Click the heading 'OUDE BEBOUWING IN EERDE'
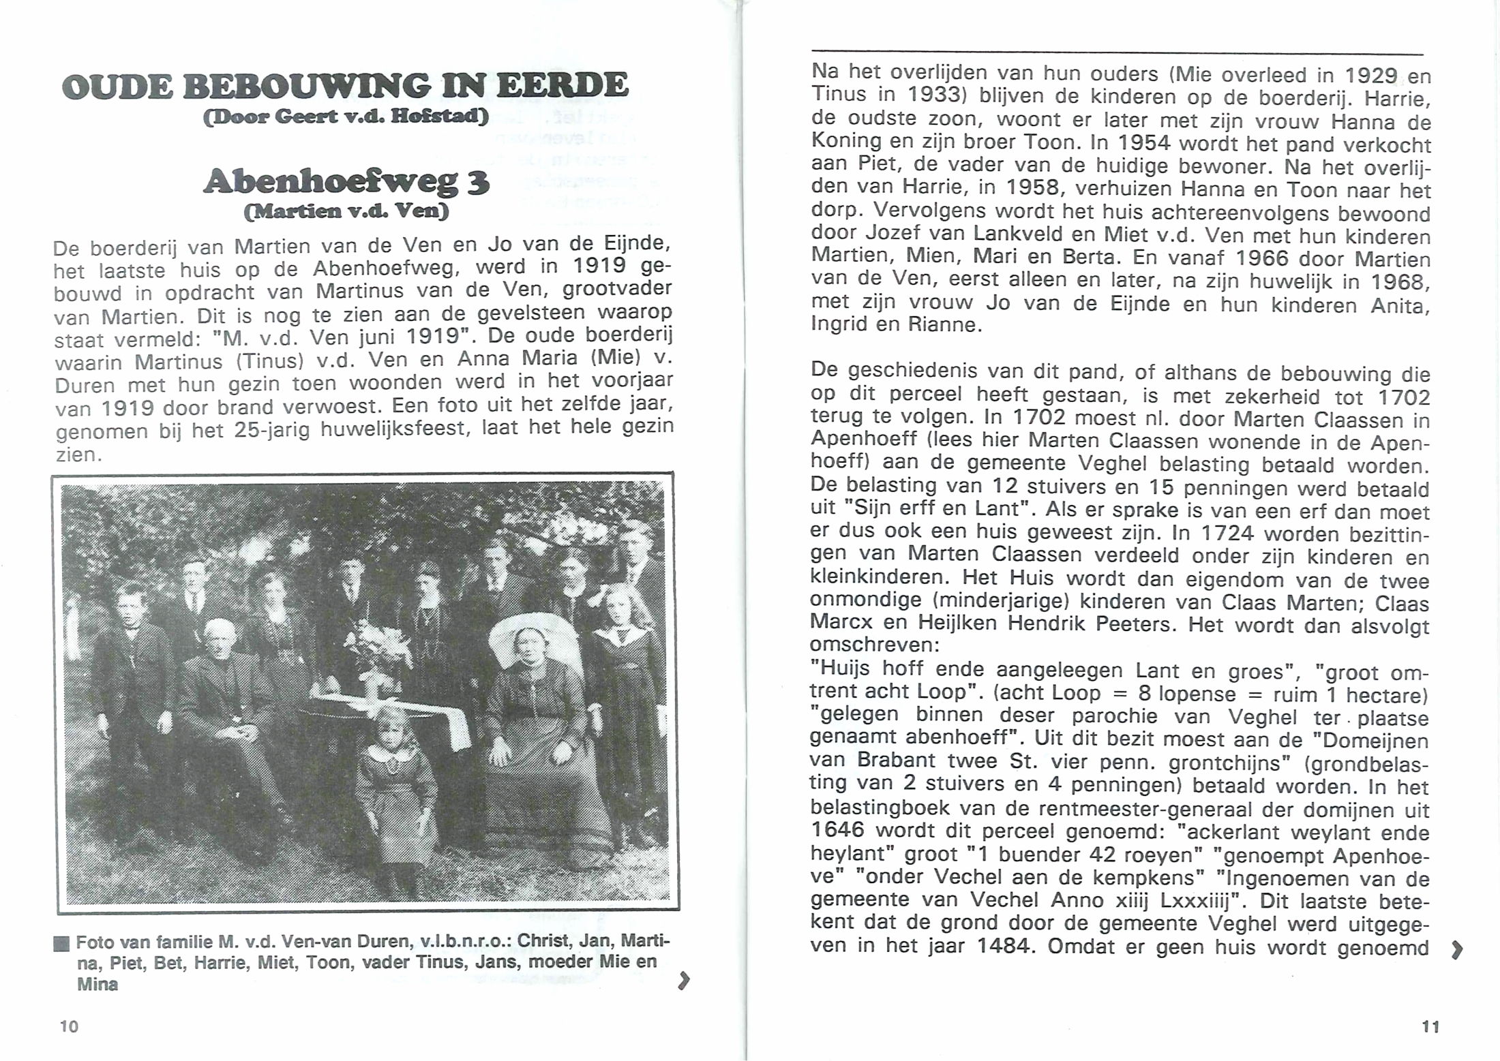pos(344,87)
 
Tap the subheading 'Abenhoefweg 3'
pos(346,182)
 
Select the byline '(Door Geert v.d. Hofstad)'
pos(346,117)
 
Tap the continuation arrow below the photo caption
pos(683,981)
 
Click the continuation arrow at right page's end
pos(1456,950)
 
